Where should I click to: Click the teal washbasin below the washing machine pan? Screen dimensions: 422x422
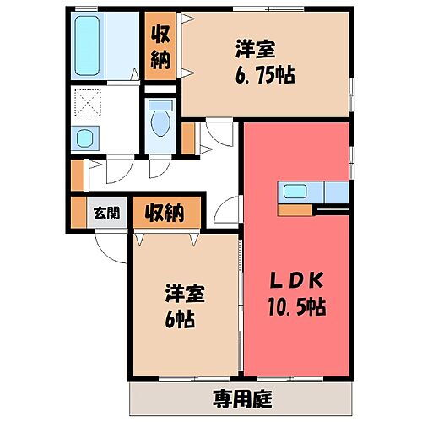(86, 138)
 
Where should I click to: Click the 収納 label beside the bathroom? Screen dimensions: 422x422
(160, 46)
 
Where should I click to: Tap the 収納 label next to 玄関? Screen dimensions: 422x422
(163, 212)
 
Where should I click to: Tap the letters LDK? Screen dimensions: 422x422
(295, 280)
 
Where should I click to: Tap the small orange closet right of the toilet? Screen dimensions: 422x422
(188, 138)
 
